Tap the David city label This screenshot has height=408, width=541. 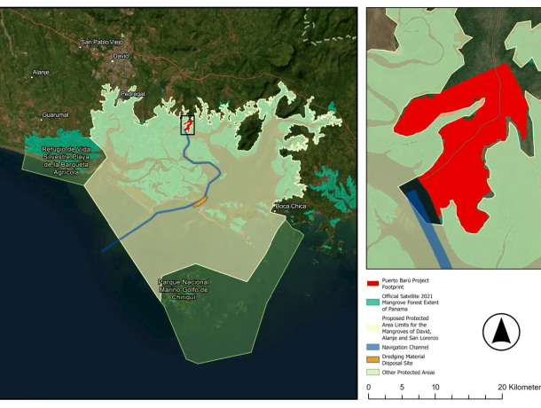click(122, 55)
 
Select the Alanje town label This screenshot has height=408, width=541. click(41, 72)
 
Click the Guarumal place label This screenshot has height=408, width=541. click(54, 115)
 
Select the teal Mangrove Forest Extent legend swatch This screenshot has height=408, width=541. click(373, 301)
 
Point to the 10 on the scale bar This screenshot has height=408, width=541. click(435, 387)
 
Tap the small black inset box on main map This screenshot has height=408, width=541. click(188, 125)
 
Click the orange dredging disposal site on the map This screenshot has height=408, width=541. click(200, 201)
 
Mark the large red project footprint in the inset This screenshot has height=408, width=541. click(461, 133)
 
